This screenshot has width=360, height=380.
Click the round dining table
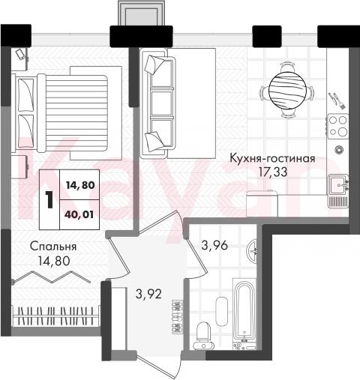pyautogui.click(x=287, y=90)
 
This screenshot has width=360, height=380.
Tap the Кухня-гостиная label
pyautogui.click(x=272, y=158)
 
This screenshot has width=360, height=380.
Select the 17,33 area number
pyautogui.click(x=273, y=172)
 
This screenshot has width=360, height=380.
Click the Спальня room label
pyautogui.click(x=53, y=247)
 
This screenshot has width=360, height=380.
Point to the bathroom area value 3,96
pyautogui.click(x=214, y=245)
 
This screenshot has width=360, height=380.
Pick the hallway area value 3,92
pyautogui.click(x=148, y=294)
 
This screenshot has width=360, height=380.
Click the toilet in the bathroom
pyautogui.click(x=203, y=336)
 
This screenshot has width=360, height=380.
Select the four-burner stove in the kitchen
pyautogui.click(x=338, y=127)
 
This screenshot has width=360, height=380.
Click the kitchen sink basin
pyautogui.click(x=338, y=185)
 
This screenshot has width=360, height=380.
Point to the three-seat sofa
pyautogui.click(x=158, y=103)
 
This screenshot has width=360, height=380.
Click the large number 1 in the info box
pyautogui.click(x=49, y=199)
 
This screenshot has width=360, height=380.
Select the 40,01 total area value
pyautogui.click(x=79, y=214)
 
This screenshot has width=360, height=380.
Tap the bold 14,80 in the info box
pyautogui.click(x=80, y=185)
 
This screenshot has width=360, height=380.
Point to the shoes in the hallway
pyautogui.click(x=177, y=316)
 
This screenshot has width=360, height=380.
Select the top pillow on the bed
pyautogui.click(x=25, y=94)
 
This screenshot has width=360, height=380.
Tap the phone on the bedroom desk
pyautogui.click(x=20, y=55)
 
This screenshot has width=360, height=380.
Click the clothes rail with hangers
pyautogui.click(x=55, y=316)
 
